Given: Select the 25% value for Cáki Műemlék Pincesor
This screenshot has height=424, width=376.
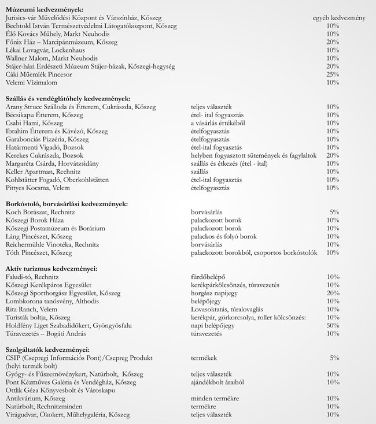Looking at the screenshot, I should click(x=333, y=75).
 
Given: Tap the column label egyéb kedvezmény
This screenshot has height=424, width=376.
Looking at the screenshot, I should click(x=338, y=18).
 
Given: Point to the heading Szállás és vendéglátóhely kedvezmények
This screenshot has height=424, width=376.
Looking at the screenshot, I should click(x=68, y=99).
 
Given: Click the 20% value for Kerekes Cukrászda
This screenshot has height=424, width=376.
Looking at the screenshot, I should click(x=333, y=155).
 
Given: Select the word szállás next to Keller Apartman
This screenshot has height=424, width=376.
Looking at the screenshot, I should click(x=200, y=172).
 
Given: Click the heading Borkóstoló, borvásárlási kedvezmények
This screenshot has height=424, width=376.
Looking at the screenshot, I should click(x=66, y=204).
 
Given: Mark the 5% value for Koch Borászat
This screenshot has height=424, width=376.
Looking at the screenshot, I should click(x=334, y=212).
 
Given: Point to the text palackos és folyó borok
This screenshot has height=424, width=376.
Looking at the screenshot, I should click(x=224, y=236).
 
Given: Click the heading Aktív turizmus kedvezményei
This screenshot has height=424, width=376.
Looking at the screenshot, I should click(x=51, y=269).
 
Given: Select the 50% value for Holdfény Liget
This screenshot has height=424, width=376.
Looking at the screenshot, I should click(x=333, y=325).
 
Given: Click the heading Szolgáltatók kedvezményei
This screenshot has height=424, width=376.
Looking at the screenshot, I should click(x=48, y=349).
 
